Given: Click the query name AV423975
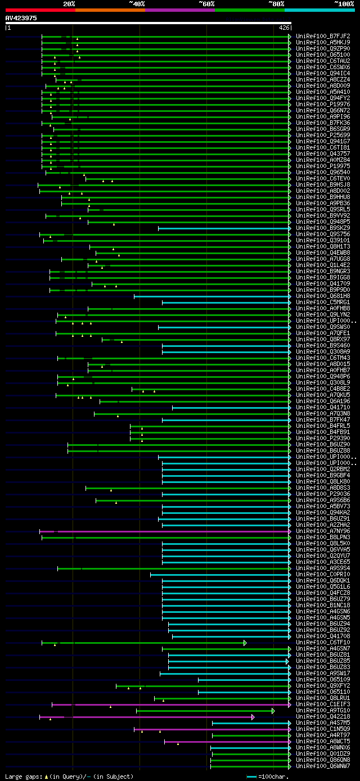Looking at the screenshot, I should point(21,18).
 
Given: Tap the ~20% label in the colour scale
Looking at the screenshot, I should point(69,3).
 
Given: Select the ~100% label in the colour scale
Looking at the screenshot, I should point(344,3).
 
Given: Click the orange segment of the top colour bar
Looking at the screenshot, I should point(110,10).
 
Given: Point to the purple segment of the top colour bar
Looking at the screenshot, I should point(179,10).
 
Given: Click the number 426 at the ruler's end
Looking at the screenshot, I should point(284,28).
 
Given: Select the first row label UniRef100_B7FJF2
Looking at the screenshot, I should point(323,37).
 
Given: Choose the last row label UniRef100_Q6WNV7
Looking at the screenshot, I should point(323,766).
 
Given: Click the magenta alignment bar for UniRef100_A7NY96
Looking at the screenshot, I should point(169,531).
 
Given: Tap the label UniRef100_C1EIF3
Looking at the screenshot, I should point(323,704).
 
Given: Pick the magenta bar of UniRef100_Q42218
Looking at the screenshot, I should point(157,717).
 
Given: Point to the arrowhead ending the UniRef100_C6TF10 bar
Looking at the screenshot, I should point(245,643).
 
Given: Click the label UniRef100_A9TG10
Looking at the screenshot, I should point(323,710).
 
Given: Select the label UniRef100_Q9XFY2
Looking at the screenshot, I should point(323,686).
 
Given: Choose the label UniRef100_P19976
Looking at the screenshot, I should point(323,105).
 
